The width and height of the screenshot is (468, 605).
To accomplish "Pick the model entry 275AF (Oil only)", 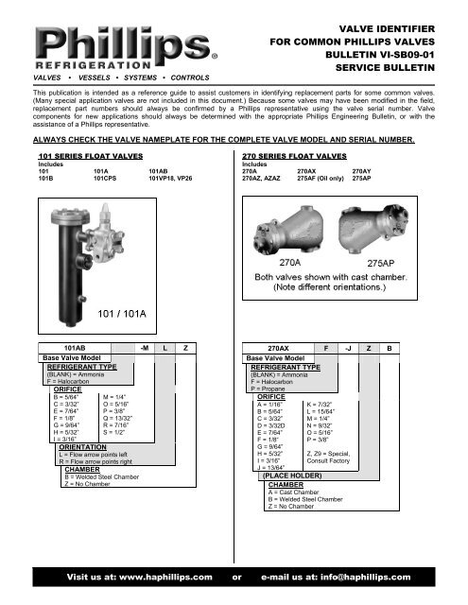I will coord(321,177).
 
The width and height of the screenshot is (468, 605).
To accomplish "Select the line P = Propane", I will coord(271,388).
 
